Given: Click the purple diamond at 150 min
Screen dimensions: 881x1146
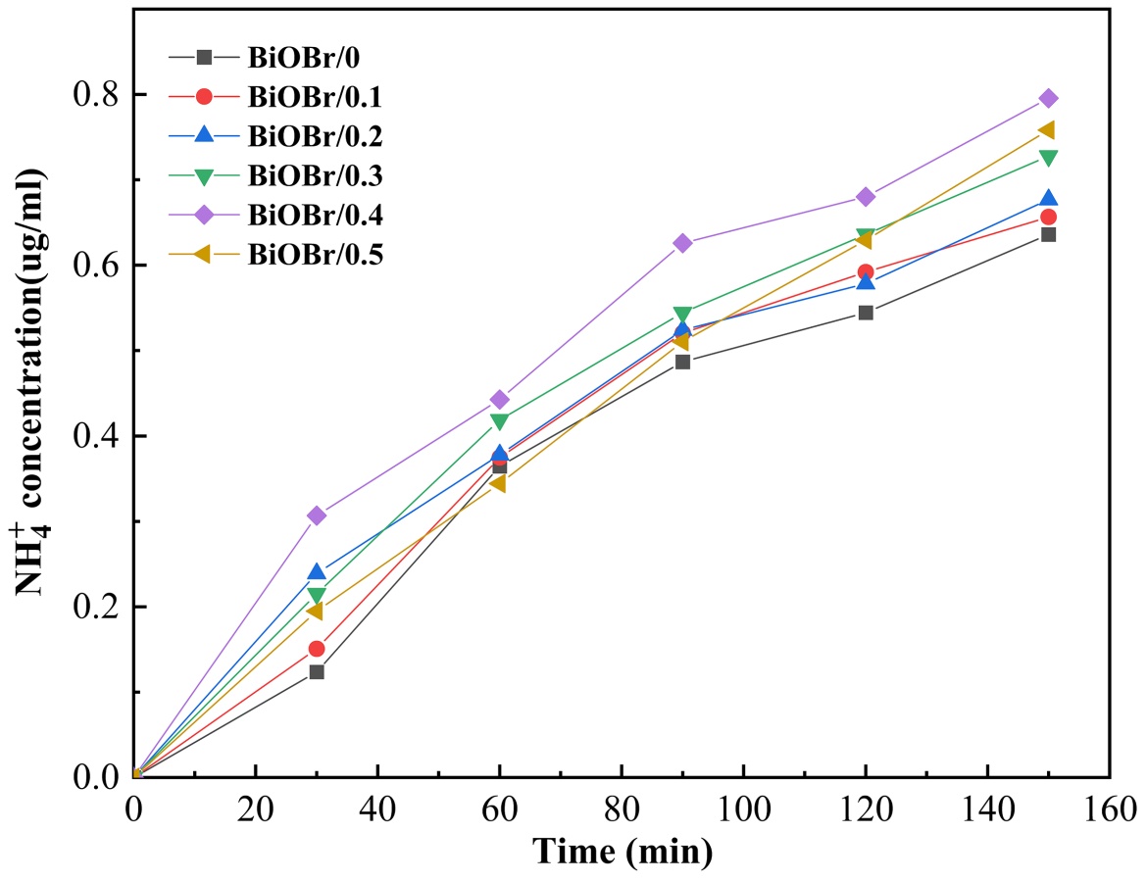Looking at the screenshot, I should [x=1048, y=98].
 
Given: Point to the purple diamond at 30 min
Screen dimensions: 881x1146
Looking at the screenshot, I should [x=317, y=515].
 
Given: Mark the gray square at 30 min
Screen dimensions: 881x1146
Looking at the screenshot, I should [x=317, y=672].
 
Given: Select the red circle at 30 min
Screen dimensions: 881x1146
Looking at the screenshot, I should [x=317, y=649].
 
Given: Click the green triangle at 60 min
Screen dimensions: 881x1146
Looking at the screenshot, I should [x=500, y=421].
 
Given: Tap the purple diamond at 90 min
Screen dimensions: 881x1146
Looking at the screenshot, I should [x=682, y=243].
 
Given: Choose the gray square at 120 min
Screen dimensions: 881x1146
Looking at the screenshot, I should [x=866, y=313].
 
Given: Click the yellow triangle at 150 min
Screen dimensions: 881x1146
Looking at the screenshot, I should [x=1047, y=130].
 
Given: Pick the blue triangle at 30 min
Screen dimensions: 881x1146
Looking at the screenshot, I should [x=317, y=572].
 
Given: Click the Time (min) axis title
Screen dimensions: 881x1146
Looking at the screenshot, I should [x=623, y=852].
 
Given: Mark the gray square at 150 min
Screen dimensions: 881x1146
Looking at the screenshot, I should [x=1048, y=234].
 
